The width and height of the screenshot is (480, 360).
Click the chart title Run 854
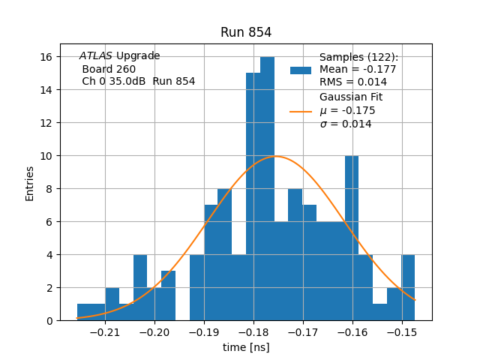pyautogui.click(x=246, y=33)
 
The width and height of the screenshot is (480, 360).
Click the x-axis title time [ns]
pyautogui.click(x=246, y=347)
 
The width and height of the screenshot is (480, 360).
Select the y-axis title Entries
pyautogui.click(x=30, y=183)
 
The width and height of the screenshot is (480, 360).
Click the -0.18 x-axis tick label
pyautogui.click(x=253, y=332)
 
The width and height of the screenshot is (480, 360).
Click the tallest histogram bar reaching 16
pyautogui.click(x=267, y=187)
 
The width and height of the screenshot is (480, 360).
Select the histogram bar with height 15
pyautogui.click(x=253, y=195)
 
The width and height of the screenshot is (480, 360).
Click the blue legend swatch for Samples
pyautogui.click(x=301, y=70)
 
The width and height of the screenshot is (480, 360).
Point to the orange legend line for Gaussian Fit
pyautogui.click(x=301, y=111)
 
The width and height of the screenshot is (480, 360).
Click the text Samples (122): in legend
pyautogui.click(x=358, y=57)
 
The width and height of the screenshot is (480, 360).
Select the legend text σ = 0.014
pyautogui.click(x=346, y=124)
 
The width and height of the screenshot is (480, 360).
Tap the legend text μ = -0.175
pyautogui.click(x=347, y=111)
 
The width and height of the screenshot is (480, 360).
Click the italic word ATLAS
pyautogui.click(x=96, y=56)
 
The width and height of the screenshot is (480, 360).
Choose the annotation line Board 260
pyautogui.click(x=109, y=69)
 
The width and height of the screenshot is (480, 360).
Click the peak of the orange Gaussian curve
pyautogui.click(x=277, y=156)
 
